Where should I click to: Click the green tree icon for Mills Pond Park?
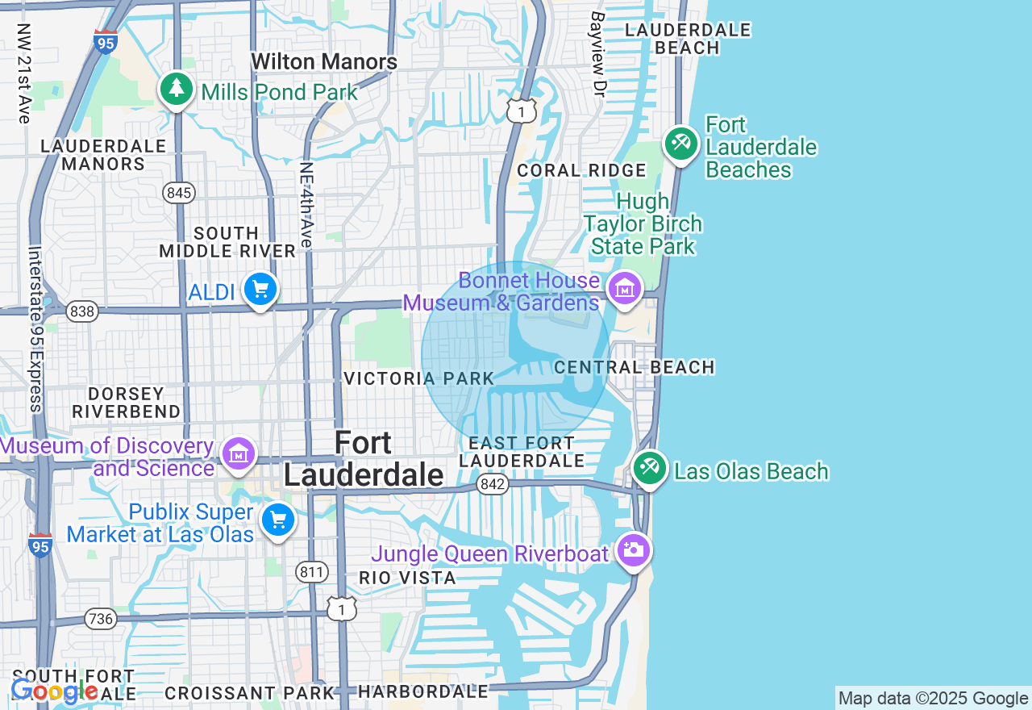[176, 89]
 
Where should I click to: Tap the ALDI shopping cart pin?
[260, 289]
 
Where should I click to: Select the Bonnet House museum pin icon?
[624, 288]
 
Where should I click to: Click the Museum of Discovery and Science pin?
[239, 454]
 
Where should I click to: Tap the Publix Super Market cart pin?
[278, 520]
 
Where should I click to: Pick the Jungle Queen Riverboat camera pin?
[633, 551]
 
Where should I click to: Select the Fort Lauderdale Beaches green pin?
[681, 144]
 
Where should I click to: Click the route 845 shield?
[178, 192]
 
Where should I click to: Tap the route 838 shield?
[81, 311]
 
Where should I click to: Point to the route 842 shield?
[491, 484]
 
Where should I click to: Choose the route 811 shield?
[311, 573]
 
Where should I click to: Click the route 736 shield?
[100, 619]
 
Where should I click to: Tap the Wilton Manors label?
[324, 62]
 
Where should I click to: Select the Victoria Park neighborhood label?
[418, 378]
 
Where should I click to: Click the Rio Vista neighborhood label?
[407, 578]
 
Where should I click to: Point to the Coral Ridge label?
[581, 170]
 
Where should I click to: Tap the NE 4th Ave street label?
[306, 203]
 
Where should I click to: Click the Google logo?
[54, 691]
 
